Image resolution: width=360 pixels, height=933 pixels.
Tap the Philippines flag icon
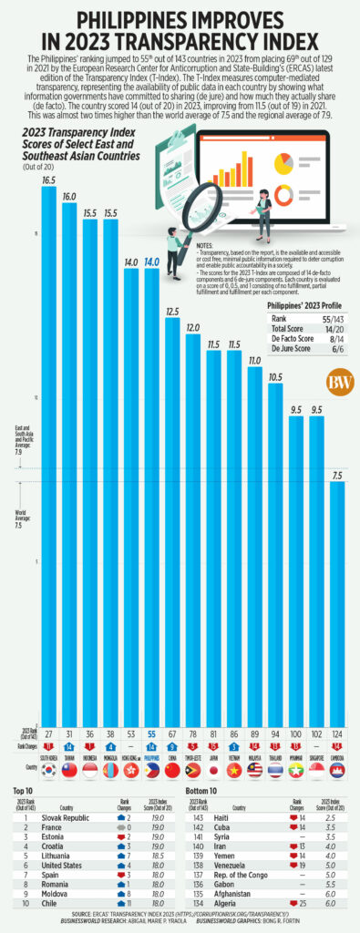(151, 770)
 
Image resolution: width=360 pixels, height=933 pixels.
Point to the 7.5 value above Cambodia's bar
(336, 475)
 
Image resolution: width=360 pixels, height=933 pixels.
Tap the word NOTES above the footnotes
(206, 246)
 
